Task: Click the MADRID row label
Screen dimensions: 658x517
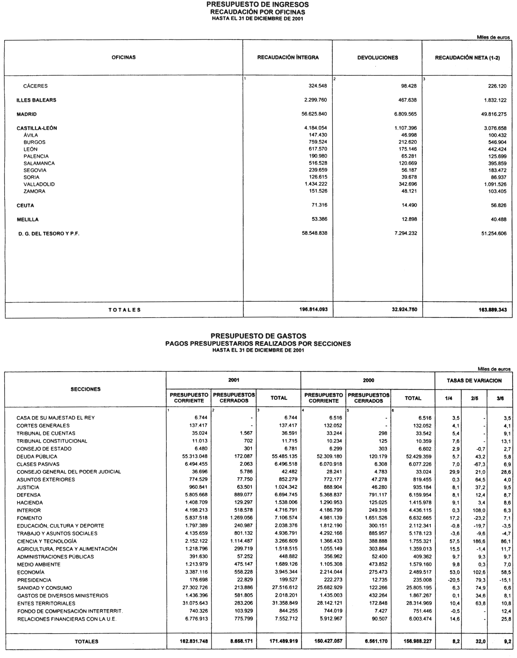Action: tap(27, 114)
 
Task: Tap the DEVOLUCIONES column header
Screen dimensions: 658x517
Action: tap(377, 58)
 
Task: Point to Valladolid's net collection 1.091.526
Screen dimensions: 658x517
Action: tap(494, 184)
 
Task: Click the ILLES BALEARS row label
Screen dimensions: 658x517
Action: tap(36, 100)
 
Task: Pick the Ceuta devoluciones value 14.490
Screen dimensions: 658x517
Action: tap(409, 205)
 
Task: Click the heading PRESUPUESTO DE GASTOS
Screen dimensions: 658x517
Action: tap(258, 336)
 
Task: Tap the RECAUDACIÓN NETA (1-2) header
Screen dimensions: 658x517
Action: tap(467, 58)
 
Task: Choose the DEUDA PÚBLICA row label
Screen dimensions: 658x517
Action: tap(37, 456)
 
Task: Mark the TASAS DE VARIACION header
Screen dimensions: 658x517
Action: tap(474, 380)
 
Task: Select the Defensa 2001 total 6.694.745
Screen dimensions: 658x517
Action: tap(285, 495)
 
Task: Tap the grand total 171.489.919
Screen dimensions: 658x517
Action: tap(283, 641)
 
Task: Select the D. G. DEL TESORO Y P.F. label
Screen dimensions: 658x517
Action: tap(49, 234)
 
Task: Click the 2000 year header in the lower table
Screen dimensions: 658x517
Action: tap(368, 380)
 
